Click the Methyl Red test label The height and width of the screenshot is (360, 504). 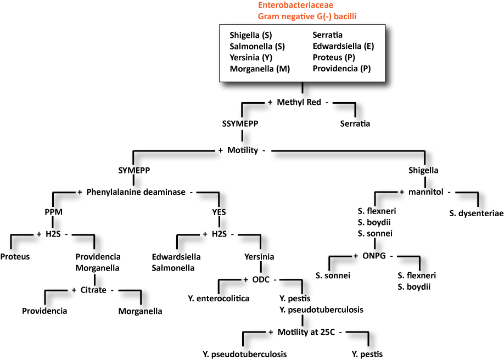(x=299, y=102)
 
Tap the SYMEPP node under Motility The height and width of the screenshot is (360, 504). (x=135, y=170)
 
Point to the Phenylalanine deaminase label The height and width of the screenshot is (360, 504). (x=137, y=192)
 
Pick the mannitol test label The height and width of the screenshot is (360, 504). (x=422, y=192)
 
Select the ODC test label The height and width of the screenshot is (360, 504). (x=261, y=279)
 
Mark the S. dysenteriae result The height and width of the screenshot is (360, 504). (x=476, y=213)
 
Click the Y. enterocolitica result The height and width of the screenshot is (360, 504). (x=218, y=299)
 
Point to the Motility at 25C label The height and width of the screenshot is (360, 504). (x=307, y=332)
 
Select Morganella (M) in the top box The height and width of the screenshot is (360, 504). (x=260, y=69)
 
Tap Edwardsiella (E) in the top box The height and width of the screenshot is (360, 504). (x=343, y=46)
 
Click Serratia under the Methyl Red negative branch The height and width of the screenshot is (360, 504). (x=355, y=123)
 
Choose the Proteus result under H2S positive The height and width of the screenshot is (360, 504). (x=15, y=256)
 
